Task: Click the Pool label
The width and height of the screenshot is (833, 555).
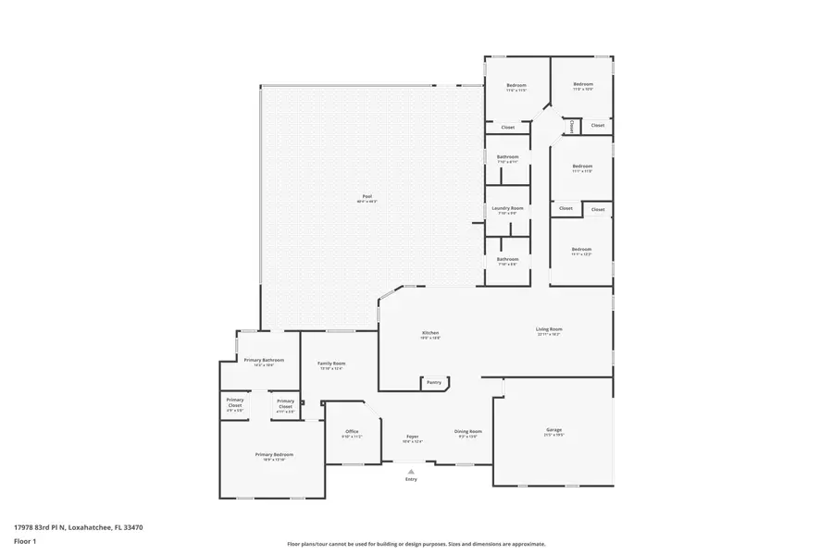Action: [367, 196]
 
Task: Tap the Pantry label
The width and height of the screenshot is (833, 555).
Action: [432, 381]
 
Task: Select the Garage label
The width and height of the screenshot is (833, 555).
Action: [554, 430]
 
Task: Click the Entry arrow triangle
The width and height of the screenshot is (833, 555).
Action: [411, 471]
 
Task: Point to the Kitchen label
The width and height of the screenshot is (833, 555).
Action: [430, 332]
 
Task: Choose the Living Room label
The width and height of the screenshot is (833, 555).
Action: [549, 328]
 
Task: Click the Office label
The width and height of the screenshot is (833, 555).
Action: [352, 431]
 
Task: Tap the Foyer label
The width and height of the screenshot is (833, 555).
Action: [412, 437]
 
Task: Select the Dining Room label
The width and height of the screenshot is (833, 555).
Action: [468, 431]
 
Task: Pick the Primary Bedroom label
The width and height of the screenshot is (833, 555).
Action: [274, 454]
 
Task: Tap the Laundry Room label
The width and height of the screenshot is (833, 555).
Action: [507, 208]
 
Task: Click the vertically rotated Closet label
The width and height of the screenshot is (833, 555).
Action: [572, 125]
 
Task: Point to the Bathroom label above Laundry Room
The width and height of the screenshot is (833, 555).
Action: [507, 157]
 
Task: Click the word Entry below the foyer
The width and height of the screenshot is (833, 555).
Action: [411, 479]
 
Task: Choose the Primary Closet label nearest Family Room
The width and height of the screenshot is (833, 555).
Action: [285, 401]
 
